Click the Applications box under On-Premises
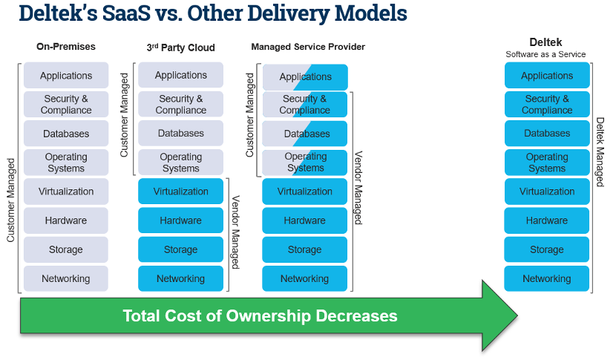(x=66, y=76)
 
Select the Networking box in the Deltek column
(x=547, y=279)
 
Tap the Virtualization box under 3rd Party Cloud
(x=180, y=192)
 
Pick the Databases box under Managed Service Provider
(x=305, y=134)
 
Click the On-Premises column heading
(x=66, y=47)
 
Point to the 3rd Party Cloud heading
(x=181, y=48)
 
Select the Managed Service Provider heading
(x=308, y=48)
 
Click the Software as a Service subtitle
(x=545, y=54)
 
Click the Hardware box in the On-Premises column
(x=66, y=220)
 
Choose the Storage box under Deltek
(x=547, y=250)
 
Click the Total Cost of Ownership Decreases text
(x=260, y=315)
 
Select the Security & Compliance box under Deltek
(x=547, y=105)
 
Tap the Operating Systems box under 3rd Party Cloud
(x=180, y=163)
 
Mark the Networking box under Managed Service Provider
(x=304, y=279)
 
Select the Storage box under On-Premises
(x=66, y=250)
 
